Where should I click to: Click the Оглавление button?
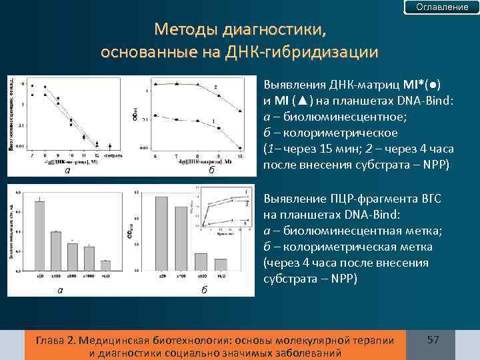tap(442, 7)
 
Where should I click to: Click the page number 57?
tap(433, 340)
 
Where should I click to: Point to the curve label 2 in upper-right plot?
tap(215, 87)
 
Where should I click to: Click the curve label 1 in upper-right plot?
tap(213, 120)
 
